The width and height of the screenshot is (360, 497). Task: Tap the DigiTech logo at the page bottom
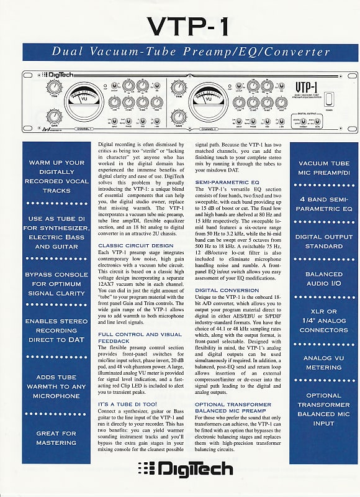[181, 468]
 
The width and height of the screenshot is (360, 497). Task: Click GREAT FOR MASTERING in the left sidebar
[56, 437]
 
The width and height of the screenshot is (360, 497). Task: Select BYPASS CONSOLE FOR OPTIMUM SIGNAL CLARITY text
[56, 284]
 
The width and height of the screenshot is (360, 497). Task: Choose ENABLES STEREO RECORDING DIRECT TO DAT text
[56, 331]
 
